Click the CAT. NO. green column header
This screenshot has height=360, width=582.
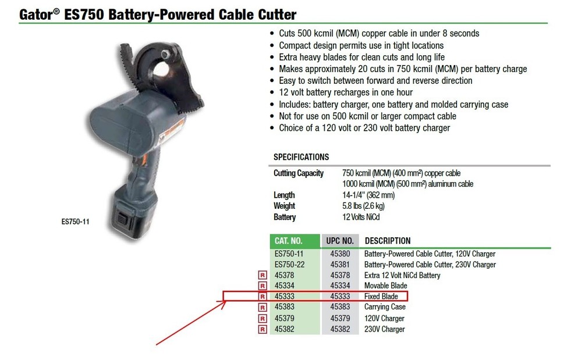(288, 241)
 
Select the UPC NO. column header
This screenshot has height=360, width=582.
(340, 241)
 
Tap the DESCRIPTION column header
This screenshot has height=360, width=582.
(388, 241)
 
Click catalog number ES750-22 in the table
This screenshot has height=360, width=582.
(289, 265)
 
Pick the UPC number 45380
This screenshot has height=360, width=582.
(340, 254)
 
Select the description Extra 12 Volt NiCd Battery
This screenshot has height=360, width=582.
(402, 275)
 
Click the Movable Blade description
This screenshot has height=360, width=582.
(386, 286)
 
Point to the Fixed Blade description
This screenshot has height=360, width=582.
(381, 297)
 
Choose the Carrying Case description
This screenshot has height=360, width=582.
(385, 307)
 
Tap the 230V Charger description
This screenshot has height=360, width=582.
(384, 329)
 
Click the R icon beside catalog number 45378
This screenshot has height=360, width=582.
(262, 276)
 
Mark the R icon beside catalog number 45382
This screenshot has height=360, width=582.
(262, 330)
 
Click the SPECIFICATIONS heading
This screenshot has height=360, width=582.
(301, 157)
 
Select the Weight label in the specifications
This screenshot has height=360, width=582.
(284, 206)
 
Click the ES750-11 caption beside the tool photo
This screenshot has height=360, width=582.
(76, 221)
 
